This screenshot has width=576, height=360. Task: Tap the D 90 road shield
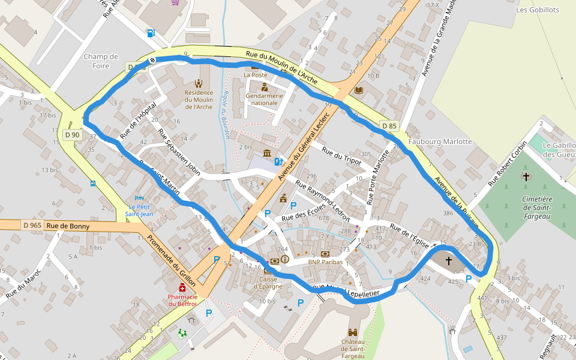(72, 135)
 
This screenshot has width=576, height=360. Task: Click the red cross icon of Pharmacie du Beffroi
(182, 288)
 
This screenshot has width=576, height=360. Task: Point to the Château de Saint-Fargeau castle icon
(353, 332)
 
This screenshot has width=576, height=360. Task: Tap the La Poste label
(255, 75)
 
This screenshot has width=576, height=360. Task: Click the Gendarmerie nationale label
(262, 99)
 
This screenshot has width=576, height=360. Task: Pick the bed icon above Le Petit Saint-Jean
(140, 199)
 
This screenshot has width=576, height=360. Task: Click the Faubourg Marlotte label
(440, 142)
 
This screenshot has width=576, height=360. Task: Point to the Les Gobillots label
(538, 10)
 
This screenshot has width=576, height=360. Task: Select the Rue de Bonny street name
(68, 226)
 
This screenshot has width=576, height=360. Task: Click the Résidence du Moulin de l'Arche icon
(199, 83)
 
